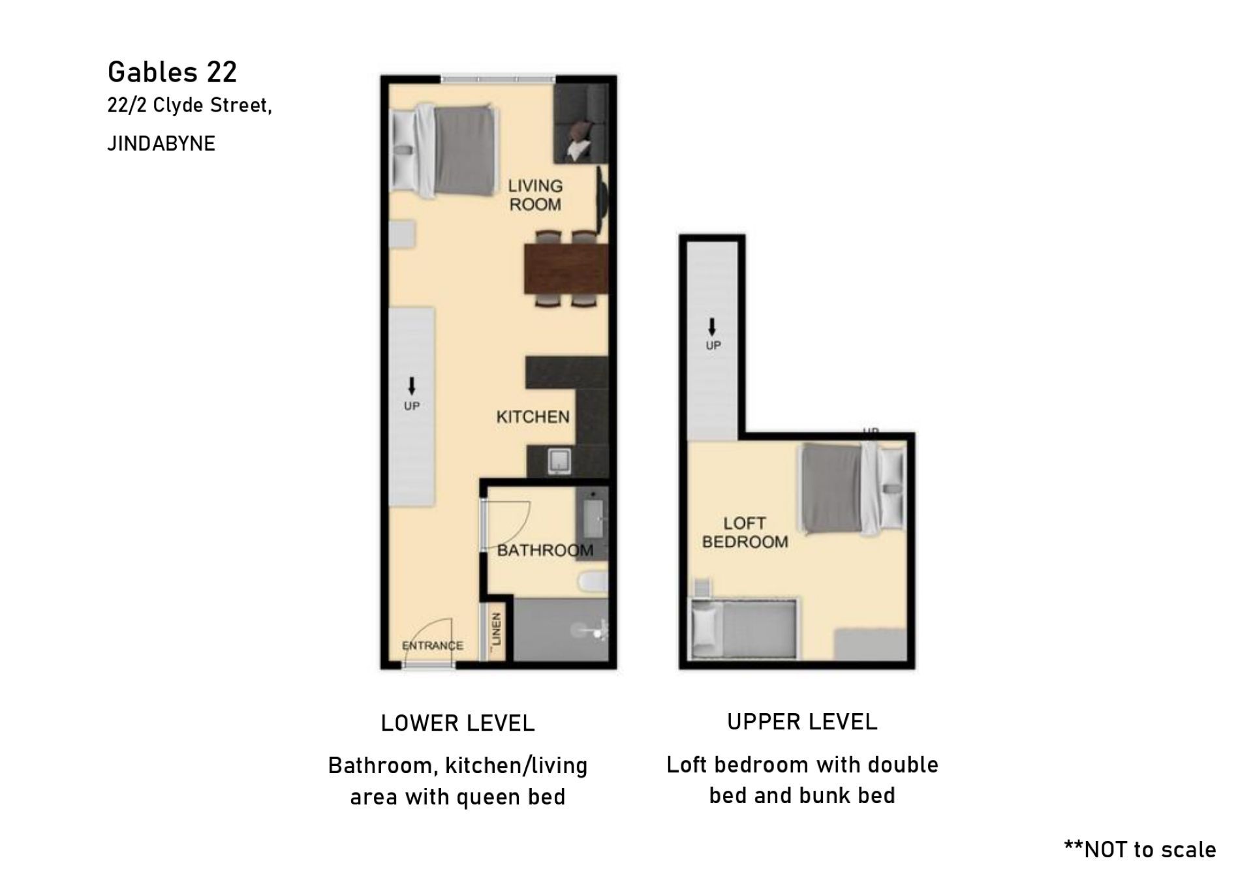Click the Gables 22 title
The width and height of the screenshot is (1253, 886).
click(x=172, y=72)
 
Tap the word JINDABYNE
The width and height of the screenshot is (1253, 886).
click(x=161, y=144)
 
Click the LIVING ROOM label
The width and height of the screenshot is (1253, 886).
click(x=535, y=195)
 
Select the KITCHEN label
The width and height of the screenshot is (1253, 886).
click(x=533, y=417)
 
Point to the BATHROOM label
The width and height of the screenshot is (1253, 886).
click(x=546, y=550)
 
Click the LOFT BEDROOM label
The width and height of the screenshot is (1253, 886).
click(x=745, y=532)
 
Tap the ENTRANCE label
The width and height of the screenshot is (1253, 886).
click(x=433, y=645)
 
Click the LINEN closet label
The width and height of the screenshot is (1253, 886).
click(x=496, y=629)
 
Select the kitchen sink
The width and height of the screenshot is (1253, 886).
click(x=559, y=461)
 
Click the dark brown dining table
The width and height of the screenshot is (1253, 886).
click(x=566, y=269)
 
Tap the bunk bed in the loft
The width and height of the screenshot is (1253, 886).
click(x=744, y=629)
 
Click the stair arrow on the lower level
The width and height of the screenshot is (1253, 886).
click(x=411, y=386)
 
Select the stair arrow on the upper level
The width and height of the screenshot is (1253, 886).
click(x=713, y=327)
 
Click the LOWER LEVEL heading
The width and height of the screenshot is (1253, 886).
click(x=458, y=723)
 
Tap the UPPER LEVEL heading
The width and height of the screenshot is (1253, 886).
click(x=802, y=722)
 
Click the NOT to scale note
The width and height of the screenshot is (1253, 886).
click(x=1140, y=849)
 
